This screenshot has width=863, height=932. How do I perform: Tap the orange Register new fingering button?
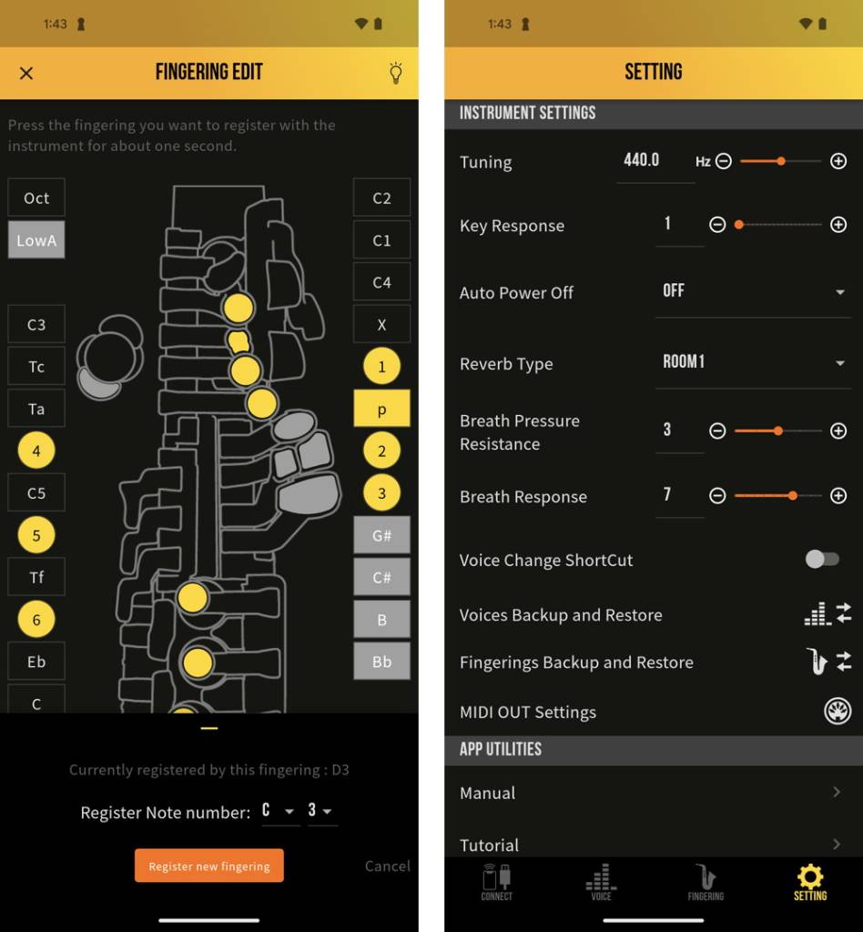(208, 866)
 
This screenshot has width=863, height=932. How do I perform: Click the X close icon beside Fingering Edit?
(26, 73)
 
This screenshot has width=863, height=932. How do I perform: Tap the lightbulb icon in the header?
(395, 73)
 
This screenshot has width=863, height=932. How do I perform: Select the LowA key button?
(36, 240)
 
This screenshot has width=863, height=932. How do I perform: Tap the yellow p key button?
(381, 409)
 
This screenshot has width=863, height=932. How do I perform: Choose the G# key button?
(381, 535)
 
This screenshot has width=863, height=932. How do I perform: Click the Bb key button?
(381, 662)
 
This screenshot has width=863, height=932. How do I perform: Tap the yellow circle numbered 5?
(36, 535)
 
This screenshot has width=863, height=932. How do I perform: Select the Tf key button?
(36, 577)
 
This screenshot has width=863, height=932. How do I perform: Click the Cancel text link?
(387, 866)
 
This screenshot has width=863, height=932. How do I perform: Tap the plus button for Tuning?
(838, 161)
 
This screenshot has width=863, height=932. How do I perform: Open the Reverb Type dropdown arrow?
(838, 363)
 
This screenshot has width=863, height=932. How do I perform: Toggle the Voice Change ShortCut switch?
(822, 559)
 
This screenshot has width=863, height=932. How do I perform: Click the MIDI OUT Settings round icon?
(837, 712)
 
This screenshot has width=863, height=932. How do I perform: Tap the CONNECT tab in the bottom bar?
(496, 882)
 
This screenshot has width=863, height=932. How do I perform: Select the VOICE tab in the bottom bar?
(601, 882)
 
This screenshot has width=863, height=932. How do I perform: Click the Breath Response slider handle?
(793, 495)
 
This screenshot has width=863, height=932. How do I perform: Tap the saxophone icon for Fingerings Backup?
(817, 662)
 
